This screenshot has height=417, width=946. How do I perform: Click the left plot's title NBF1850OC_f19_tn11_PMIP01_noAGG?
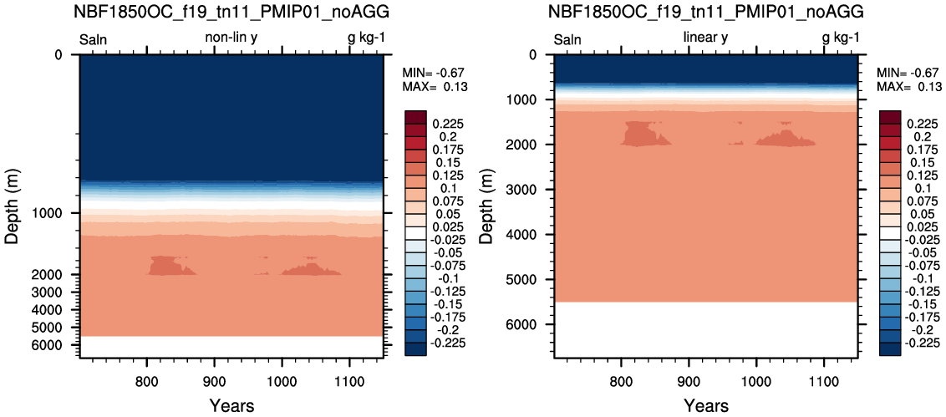pyautogui.click(x=231, y=12)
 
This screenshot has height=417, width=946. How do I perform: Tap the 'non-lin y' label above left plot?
pyautogui.click(x=231, y=38)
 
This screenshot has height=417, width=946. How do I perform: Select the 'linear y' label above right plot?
pyautogui.click(x=705, y=38)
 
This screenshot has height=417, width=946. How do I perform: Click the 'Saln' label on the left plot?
pyautogui.click(x=94, y=40)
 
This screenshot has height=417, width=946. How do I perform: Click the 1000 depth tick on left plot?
pyautogui.click(x=58, y=214)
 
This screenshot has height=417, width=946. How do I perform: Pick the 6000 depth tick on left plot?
pyautogui.click(x=58, y=345)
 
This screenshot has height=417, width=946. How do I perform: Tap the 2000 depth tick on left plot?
pyautogui.click(x=58, y=275)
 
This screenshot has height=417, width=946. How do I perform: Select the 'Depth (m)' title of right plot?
pyautogui.click(x=487, y=206)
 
